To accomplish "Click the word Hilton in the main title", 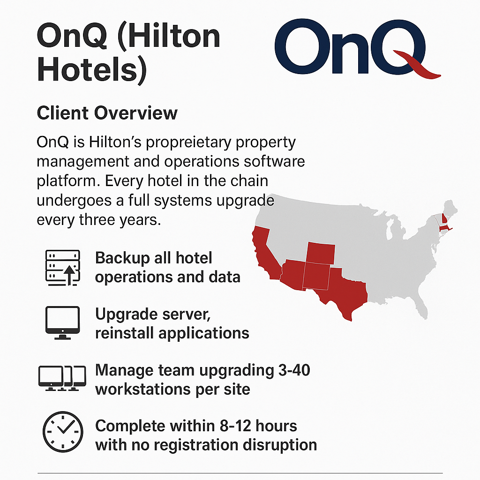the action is pyautogui.click(x=173, y=36).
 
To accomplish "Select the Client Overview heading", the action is pyautogui.click(x=107, y=113).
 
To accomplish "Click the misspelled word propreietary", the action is pyautogui.click(x=188, y=143).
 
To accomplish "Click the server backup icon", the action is pyautogui.click(x=63, y=268).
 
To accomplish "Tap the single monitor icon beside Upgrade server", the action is pyautogui.click(x=63, y=322).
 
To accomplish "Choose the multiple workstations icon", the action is pyautogui.click(x=62, y=378).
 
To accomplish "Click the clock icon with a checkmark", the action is pyautogui.click(x=63, y=432).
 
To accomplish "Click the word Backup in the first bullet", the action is pyautogui.click(x=122, y=259).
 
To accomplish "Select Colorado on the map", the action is pyautogui.click(x=321, y=252).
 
